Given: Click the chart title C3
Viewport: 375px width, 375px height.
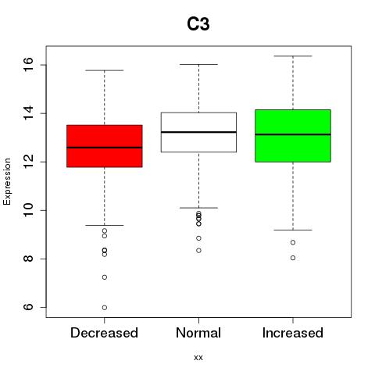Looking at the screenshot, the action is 198,24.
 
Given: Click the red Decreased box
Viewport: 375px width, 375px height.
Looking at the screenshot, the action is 105,146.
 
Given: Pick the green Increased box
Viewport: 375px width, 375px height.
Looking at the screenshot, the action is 293,136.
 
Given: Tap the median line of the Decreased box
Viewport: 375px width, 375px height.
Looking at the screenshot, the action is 105,148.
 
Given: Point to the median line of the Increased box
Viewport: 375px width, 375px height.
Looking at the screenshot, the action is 293,134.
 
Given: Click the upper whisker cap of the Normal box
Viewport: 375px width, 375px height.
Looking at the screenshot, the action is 198,64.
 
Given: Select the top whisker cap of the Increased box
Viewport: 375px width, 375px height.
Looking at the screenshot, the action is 293,56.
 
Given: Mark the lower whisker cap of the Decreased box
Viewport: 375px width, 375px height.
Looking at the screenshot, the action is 105,225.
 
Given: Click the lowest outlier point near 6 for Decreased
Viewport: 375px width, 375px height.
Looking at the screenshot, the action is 105,308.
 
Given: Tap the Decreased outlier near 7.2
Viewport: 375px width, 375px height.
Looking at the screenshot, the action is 105,277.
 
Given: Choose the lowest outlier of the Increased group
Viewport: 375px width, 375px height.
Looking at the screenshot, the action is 293,258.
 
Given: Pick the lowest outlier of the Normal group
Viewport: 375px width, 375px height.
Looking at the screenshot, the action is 198,251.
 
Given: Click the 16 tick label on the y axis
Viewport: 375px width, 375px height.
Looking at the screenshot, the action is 28,65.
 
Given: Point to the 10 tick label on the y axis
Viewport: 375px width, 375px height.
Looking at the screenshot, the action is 28,210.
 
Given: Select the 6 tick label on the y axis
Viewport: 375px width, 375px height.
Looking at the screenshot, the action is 28,307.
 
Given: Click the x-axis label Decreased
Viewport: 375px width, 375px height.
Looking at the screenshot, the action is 104,333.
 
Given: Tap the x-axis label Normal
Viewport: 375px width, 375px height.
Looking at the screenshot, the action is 198,333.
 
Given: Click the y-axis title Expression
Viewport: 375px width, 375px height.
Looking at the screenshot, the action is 7,181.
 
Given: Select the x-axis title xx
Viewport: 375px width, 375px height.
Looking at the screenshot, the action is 198,358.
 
